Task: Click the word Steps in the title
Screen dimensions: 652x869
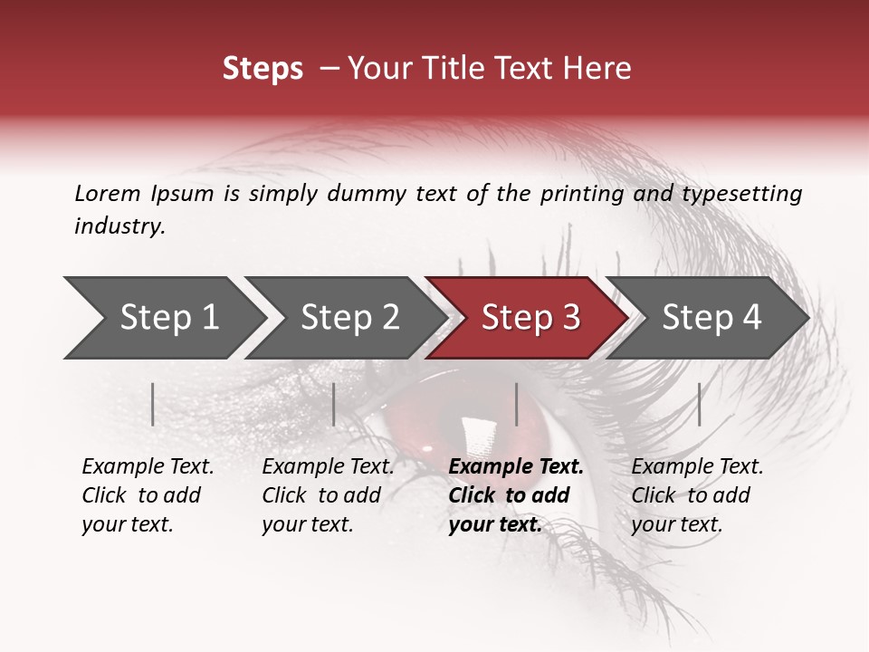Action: (263, 69)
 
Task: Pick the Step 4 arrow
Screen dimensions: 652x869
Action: (709, 318)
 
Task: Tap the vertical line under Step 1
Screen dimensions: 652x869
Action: (153, 404)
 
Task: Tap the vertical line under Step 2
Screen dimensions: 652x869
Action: (334, 404)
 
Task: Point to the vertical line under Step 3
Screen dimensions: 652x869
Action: (516, 404)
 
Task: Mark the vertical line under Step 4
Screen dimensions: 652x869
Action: (699, 404)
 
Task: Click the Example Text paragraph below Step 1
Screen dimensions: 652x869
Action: (148, 495)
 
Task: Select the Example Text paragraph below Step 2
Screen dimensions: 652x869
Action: (328, 495)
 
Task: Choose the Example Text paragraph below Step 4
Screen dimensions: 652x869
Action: (697, 495)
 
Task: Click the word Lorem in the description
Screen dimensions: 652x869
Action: (108, 193)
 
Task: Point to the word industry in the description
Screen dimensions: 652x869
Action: (119, 226)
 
